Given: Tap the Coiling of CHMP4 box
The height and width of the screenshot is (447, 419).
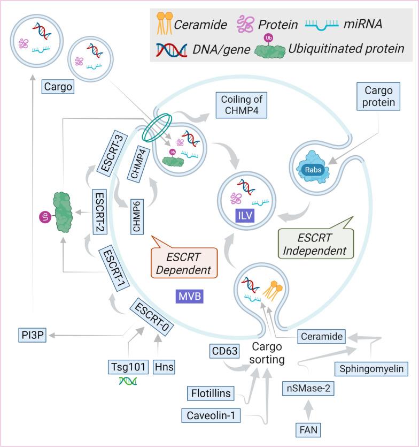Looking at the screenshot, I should coord(240,105).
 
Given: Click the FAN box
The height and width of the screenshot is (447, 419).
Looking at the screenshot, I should coord(309,429).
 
